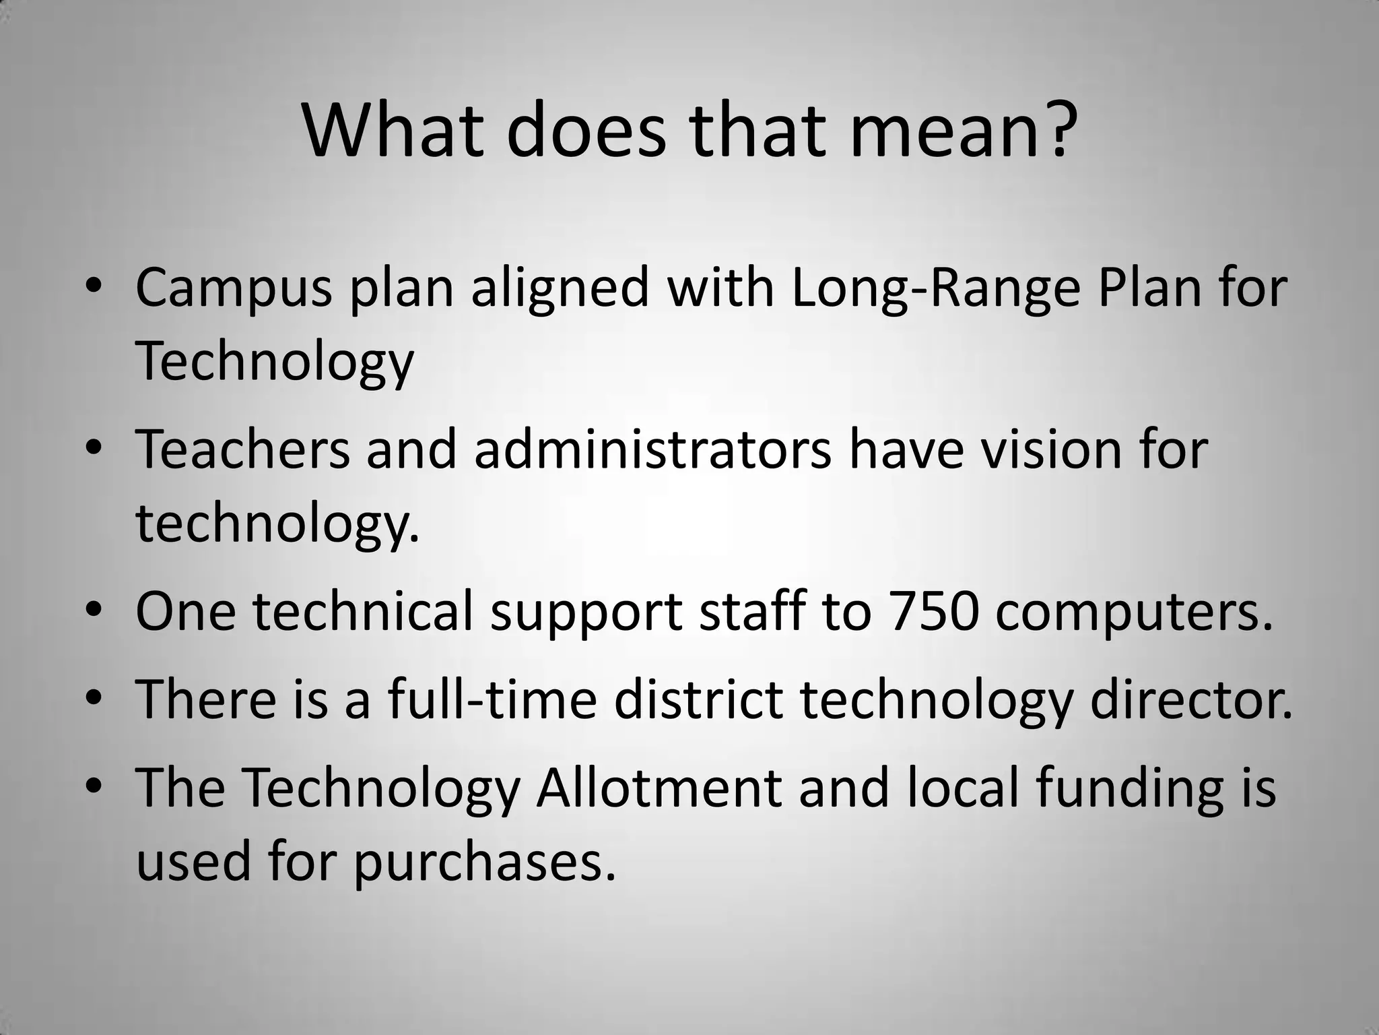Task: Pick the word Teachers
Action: [x=242, y=449]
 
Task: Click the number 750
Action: [x=932, y=610]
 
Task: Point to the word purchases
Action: [x=485, y=863]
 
